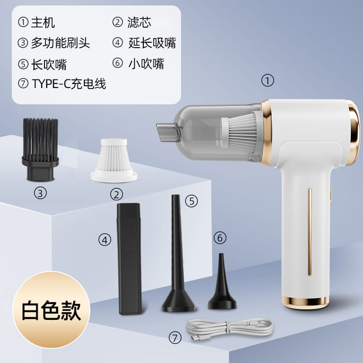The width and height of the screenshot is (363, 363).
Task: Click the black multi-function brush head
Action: pyautogui.click(x=40, y=149)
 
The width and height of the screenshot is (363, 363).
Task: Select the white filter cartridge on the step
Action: pyautogui.click(x=114, y=160)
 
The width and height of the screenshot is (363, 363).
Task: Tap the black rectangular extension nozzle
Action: pyautogui.click(x=129, y=258)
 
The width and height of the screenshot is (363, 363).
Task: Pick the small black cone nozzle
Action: pyautogui.click(x=222, y=282)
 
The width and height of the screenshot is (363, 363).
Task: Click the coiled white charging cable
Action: pyautogui.click(x=230, y=328)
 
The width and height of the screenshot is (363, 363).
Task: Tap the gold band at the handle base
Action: pyautogui.click(x=305, y=301)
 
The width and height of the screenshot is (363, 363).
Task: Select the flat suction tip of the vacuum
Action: pyautogui.click(x=168, y=132)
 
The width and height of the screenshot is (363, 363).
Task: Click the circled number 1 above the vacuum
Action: pyautogui.click(x=268, y=81)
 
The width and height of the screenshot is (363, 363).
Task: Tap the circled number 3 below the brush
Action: pyautogui.click(x=40, y=193)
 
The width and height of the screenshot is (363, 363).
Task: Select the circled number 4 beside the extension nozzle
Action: pyautogui.click(x=105, y=240)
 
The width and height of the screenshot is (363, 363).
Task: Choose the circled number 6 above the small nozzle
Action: pyautogui.click(x=220, y=238)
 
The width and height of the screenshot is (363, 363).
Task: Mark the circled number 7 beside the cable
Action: pyautogui.click(x=175, y=338)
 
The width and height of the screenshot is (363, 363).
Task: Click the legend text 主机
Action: pyautogui.click(x=43, y=22)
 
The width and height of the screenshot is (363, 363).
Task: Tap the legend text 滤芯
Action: pyautogui.click(x=139, y=22)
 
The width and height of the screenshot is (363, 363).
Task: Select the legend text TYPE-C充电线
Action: pyautogui.click(x=69, y=83)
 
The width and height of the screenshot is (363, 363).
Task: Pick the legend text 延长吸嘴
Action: pyautogui.click(x=152, y=43)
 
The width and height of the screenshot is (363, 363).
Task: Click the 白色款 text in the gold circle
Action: pyautogui.click(x=51, y=310)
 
